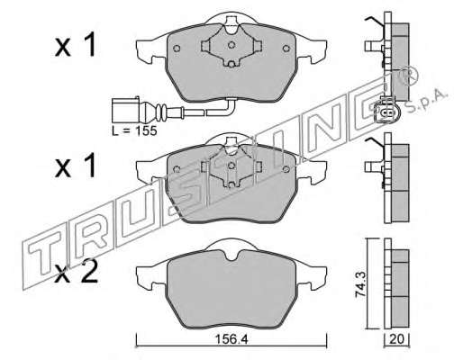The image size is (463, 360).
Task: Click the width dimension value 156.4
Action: click(231, 339)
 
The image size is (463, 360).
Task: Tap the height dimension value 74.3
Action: click(360, 283)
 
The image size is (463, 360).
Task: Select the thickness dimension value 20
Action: click(396, 339)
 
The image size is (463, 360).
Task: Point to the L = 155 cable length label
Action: click(134, 130)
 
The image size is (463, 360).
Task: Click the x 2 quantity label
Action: click(77, 272)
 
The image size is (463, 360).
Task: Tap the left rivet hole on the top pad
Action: click(177, 49)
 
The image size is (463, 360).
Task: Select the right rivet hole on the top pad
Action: click(286, 49)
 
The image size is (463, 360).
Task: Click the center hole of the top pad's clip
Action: click(231, 45)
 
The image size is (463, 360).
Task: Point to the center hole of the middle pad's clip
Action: click(231, 166)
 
